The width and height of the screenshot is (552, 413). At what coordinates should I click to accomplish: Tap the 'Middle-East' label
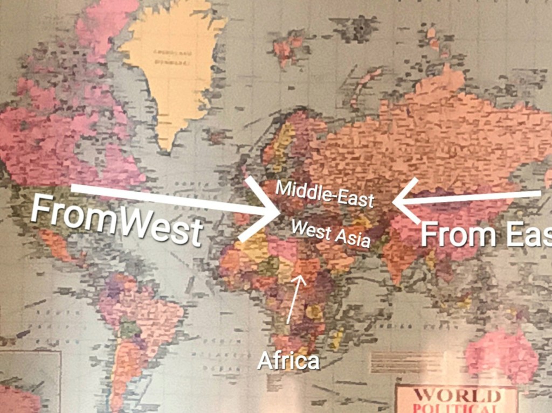tap(325, 194)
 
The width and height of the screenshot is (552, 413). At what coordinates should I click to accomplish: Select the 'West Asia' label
tap(330, 233)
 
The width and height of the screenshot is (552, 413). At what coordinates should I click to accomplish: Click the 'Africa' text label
tap(288, 360)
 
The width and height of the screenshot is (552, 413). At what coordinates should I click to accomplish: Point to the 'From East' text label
tap(485, 234)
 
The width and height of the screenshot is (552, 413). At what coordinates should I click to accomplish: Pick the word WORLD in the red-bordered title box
tap(456, 396)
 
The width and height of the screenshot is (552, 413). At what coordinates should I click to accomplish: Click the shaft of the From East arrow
tap(474, 197)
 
